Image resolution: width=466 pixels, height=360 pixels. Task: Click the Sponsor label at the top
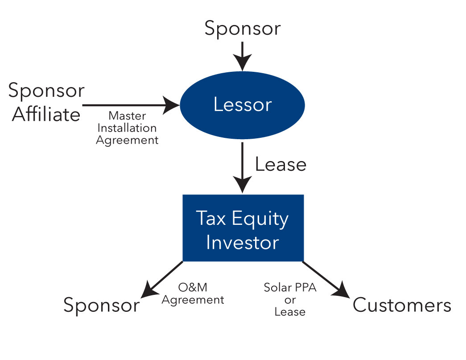click(242, 29)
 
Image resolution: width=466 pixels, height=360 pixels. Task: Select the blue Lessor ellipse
click(242, 105)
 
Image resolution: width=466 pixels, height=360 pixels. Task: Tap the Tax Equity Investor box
click(243, 228)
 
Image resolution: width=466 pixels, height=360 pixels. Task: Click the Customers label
click(402, 306)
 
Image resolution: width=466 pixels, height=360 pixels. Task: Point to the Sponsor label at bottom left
click(101, 306)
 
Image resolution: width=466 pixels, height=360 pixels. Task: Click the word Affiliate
click(46, 115)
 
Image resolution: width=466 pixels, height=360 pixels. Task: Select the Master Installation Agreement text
click(127, 128)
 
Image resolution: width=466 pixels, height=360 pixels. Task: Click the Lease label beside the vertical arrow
click(280, 165)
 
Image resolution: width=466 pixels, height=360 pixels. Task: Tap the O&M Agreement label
click(193, 294)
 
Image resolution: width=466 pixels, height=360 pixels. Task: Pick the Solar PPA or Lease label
click(290, 299)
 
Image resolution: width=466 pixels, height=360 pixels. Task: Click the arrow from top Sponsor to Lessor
click(242, 55)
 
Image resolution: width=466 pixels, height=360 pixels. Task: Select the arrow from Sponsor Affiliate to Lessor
click(129, 105)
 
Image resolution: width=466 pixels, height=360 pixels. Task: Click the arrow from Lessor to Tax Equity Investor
click(242, 167)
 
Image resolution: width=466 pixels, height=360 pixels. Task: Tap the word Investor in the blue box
click(243, 243)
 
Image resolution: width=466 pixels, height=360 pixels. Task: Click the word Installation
click(127, 128)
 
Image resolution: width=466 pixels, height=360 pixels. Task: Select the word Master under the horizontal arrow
click(127, 116)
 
